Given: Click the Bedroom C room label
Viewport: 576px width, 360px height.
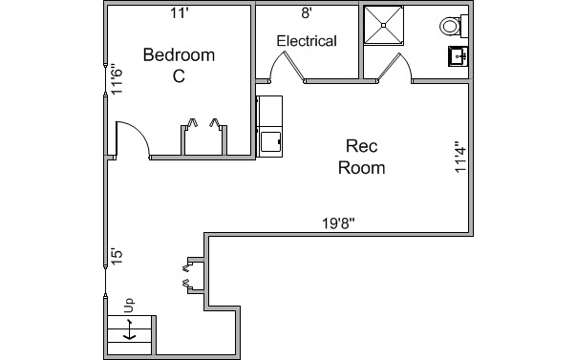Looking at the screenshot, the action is tap(179, 65).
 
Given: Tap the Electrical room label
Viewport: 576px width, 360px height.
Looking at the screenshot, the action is tap(307, 41).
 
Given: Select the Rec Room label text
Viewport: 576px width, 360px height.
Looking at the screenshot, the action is tap(361, 157).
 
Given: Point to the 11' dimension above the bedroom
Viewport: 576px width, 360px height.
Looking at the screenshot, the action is tap(180, 13).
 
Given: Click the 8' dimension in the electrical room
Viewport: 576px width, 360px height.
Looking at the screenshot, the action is tap(307, 13).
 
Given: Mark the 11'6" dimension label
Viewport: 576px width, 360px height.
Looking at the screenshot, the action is tap(117, 81).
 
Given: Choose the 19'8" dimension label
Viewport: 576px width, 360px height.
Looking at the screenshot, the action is tap(338, 223).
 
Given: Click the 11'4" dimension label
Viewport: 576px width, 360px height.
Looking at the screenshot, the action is tap(460, 157).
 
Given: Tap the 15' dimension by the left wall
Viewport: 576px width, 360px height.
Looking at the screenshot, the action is tap(117, 257).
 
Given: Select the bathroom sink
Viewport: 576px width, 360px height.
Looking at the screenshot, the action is tap(458, 56).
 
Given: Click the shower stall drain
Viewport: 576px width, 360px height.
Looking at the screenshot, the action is tap(383, 26).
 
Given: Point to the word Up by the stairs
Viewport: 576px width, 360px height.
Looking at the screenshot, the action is tap(129, 306).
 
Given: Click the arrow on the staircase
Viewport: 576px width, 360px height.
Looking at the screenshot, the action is tap(129, 329).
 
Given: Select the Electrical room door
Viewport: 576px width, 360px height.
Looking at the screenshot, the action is tap(288, 69).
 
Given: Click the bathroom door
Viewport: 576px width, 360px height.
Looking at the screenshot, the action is tap(395, 69).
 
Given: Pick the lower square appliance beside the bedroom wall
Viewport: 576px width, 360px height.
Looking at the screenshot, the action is tap(271, 141).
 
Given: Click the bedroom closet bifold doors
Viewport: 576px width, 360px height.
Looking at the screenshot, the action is tap(203, 123).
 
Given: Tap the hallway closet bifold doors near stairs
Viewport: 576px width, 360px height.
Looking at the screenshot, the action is tap(187, 275).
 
